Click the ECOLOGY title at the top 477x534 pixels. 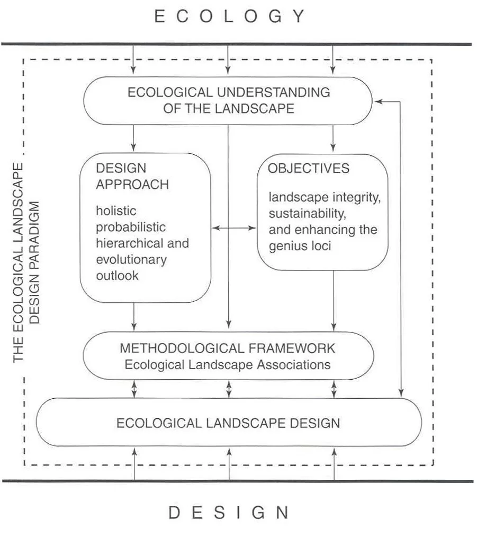pos(230,16)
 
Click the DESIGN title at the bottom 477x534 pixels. pos(229,513)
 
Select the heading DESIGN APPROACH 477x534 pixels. pos(132,177)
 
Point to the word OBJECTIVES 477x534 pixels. pos(308,169)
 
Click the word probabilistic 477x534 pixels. pos(131,227)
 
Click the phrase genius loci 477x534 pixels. pos(300,247)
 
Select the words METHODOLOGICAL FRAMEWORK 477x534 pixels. pos(227,348)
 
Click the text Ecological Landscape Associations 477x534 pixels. pos(227,365)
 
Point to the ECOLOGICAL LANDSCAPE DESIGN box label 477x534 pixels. pos(228,423)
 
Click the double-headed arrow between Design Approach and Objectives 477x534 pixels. pos(233,228)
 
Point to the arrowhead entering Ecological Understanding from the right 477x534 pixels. pos(377,101)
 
